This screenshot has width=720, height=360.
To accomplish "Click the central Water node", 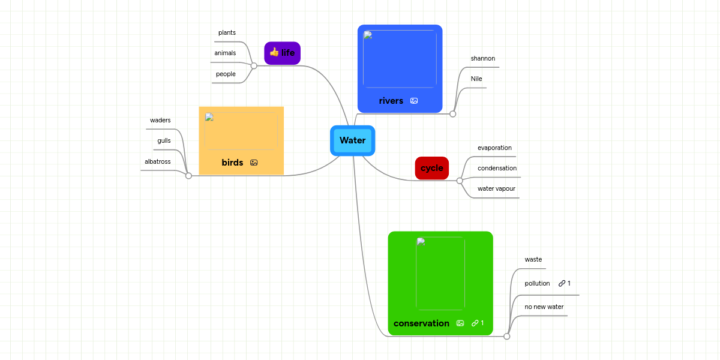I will [352, 140].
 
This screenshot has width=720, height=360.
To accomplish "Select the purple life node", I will [283, 53].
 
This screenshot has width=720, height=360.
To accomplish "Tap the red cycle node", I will [432, 168].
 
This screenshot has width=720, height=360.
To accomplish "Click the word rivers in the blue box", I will [391, 101].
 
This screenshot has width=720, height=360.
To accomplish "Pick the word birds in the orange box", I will [232, 163].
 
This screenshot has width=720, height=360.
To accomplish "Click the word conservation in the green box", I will [421, 323].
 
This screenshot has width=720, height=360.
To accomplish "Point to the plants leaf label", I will [227, 32].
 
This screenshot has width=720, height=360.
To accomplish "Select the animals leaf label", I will [225, 53].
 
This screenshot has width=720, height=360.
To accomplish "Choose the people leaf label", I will [226, 74].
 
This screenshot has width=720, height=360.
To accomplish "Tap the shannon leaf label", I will [483, 58].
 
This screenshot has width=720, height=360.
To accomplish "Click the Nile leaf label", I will [476, 79].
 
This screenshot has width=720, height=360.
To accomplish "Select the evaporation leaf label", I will [494, 148].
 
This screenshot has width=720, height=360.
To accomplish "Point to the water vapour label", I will [496, 188].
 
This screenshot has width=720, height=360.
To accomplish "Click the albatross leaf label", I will [158, 161].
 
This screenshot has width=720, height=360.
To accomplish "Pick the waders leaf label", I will [160, 120].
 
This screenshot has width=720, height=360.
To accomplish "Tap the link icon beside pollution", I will [562, 283].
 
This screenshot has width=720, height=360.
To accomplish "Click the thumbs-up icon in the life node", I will [274, 52].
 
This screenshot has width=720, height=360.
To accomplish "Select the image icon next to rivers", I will [414, 101].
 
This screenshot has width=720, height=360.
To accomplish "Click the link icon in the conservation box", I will [475, 323].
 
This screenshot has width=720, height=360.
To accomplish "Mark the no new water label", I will [544, 307].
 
